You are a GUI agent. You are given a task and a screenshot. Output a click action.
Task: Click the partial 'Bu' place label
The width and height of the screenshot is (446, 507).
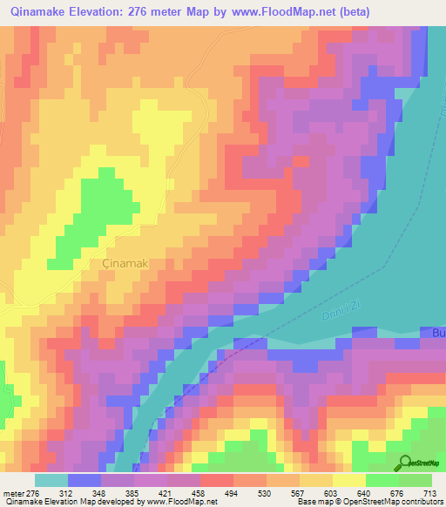coord(437,334)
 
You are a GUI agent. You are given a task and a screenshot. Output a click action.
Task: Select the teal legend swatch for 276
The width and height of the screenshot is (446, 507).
coord(51,480)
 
